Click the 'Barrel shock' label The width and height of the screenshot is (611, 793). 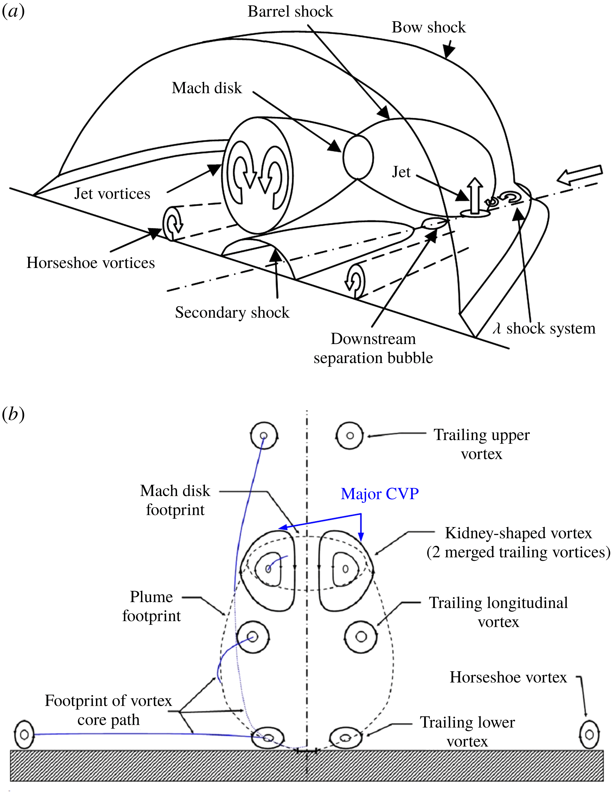coord(290,12)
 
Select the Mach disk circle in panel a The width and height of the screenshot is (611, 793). coord(358,157)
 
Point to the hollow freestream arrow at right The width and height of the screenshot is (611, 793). coord(580,175)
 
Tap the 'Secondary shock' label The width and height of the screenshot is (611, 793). coord(232,312)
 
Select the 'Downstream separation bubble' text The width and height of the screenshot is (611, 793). coord(373,348)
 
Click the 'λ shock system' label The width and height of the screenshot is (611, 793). coord(544,328)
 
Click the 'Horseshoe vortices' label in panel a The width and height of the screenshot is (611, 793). coord(91,263)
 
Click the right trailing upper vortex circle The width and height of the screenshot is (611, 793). coord(350,435)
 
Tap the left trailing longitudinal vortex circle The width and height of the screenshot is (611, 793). coord(253,637)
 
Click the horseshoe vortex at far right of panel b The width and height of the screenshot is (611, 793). coord(589,734)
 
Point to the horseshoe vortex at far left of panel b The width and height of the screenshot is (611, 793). coord(24,734)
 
